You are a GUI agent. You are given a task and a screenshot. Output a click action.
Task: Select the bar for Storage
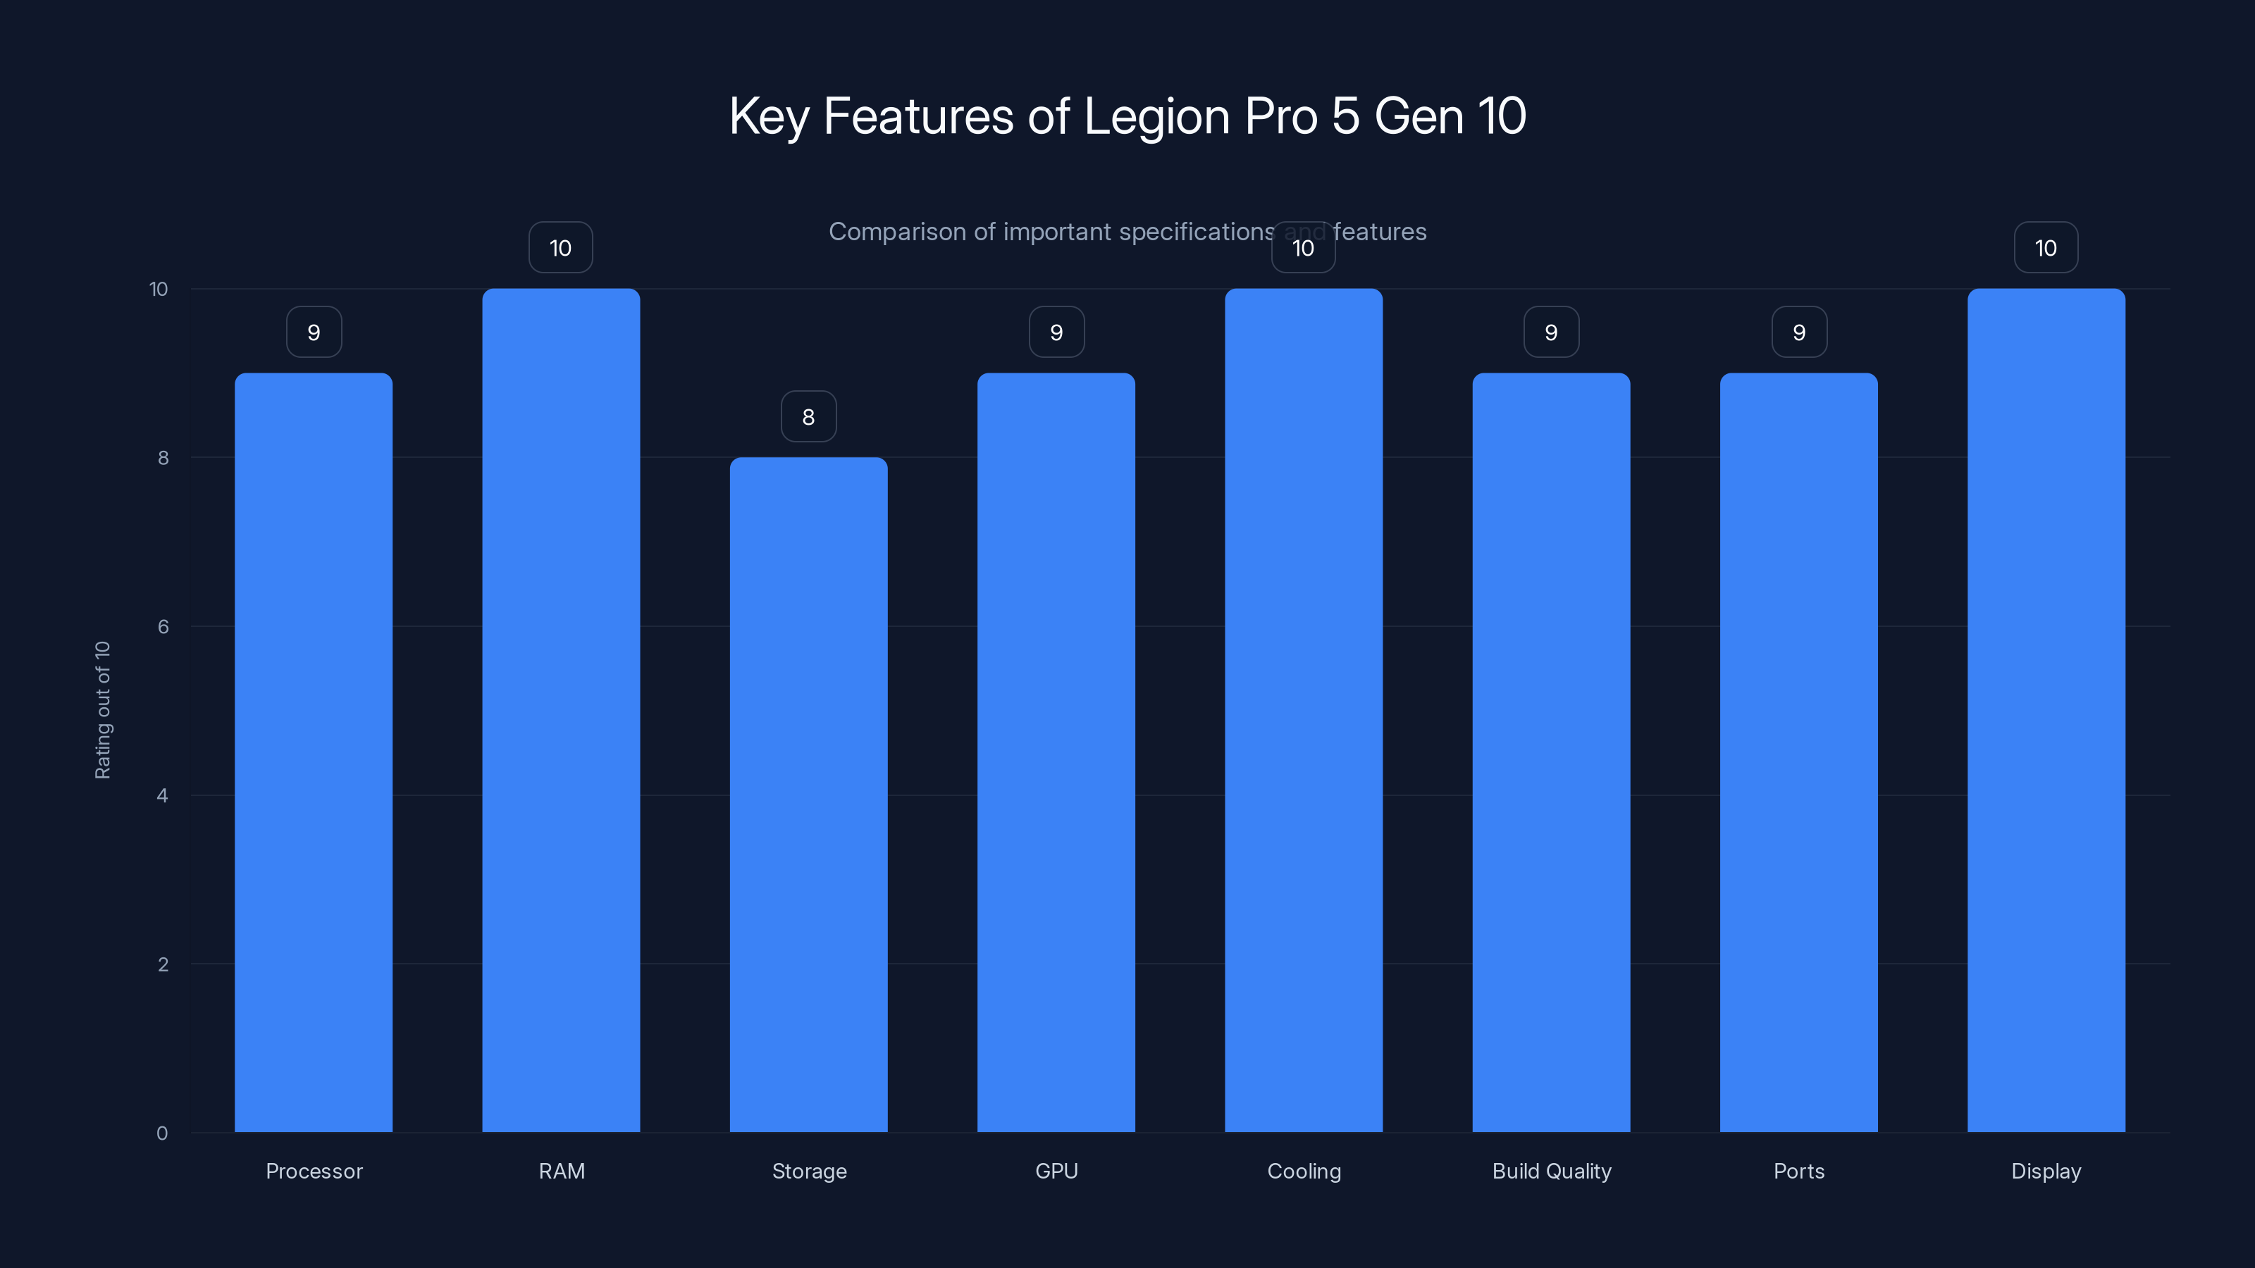(x=808, y=795)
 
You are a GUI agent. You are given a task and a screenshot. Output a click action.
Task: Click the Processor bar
(x=314, y=752)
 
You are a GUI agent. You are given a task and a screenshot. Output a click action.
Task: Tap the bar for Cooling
(x=1304, y=711)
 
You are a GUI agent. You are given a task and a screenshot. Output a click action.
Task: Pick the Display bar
(x=2046, y=711)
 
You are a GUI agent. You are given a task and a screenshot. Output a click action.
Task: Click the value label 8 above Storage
(x=808, y=416)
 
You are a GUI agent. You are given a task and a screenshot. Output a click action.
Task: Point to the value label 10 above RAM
(x=560, y=248)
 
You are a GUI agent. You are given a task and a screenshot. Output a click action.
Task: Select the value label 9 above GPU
(x=1056, y=332)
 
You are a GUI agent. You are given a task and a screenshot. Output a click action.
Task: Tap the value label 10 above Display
(x=2046, y=248)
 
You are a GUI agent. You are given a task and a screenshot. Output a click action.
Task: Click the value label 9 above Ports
(x=1799, y=332)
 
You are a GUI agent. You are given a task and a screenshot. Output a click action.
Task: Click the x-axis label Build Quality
(x=1551, y=1171)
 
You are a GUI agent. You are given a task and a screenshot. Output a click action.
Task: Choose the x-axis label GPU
(x=1056, y=1171)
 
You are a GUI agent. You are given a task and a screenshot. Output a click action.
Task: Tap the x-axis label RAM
(x=561, y=1171)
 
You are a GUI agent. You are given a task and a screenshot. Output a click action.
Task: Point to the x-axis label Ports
(x=1799, y=1171)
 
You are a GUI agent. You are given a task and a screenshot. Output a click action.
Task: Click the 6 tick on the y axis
(x=163, y=626)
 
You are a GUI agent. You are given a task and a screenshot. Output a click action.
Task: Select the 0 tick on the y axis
(x=162, y=1133)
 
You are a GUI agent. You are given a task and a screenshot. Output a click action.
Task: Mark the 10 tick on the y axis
(x=159, y=289)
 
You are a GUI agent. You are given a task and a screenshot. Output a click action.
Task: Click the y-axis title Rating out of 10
(x=102, y=709)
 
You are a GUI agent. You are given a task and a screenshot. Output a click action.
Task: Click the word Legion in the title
(x=1156, y=116)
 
